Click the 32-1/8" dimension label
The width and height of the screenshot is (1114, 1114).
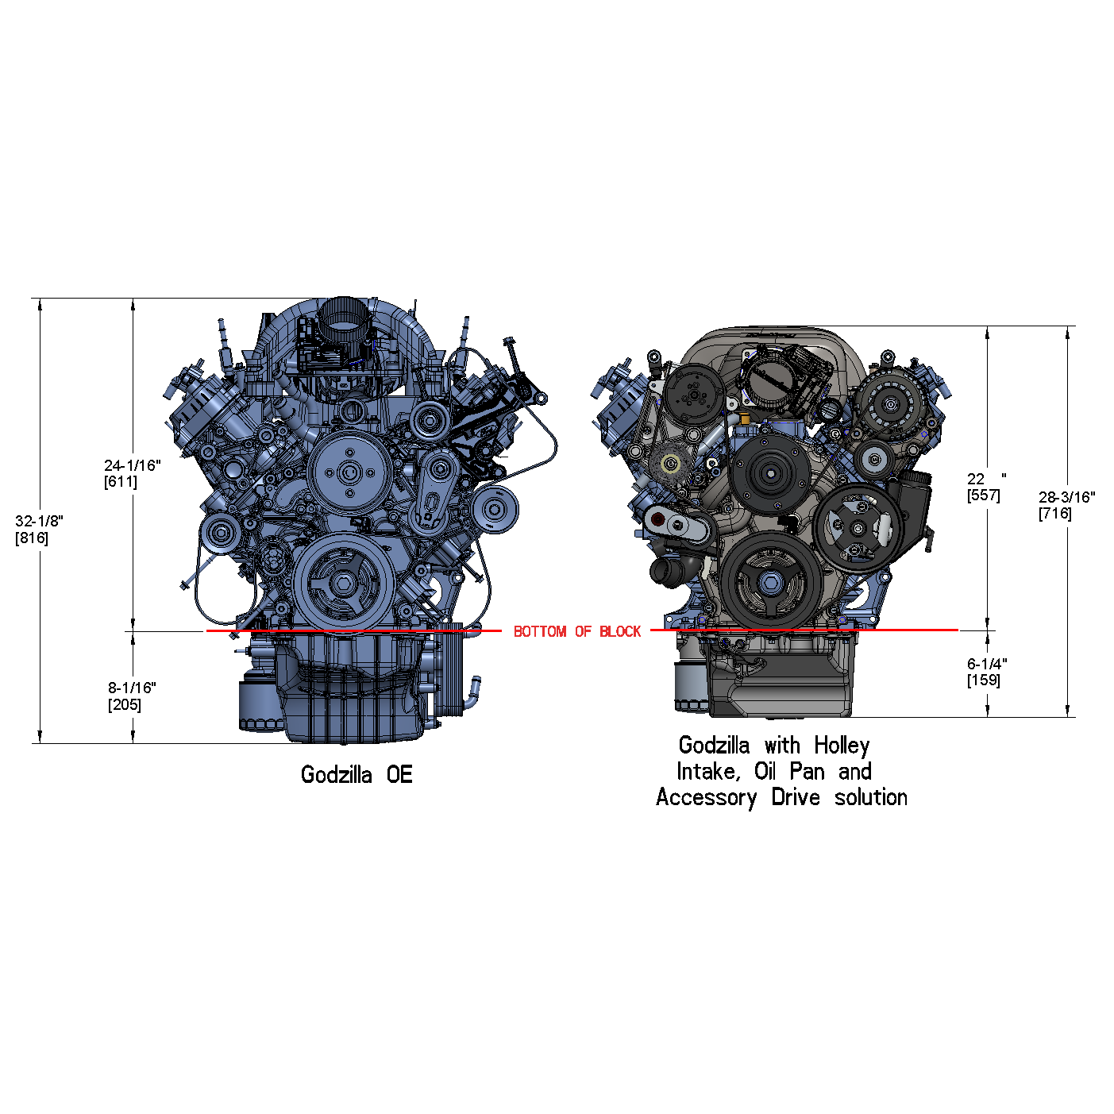[x=40, y=521]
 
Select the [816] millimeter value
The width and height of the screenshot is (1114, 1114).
[x=32, y=538]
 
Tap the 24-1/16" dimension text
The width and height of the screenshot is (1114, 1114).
[x=133, y=465]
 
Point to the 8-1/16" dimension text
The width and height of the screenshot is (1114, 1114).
[x=132, y=688]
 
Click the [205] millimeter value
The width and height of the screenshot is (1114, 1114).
[x=125, y=705]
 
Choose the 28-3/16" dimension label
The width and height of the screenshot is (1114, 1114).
[x=1066, y=497]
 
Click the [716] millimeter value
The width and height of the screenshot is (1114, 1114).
[x=1055, y=514]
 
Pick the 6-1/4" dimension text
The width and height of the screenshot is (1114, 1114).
[x=987, y=664]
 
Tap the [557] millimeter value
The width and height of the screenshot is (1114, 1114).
[x=983, y=495]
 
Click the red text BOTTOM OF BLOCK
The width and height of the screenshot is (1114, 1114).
[x=577, y=631]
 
